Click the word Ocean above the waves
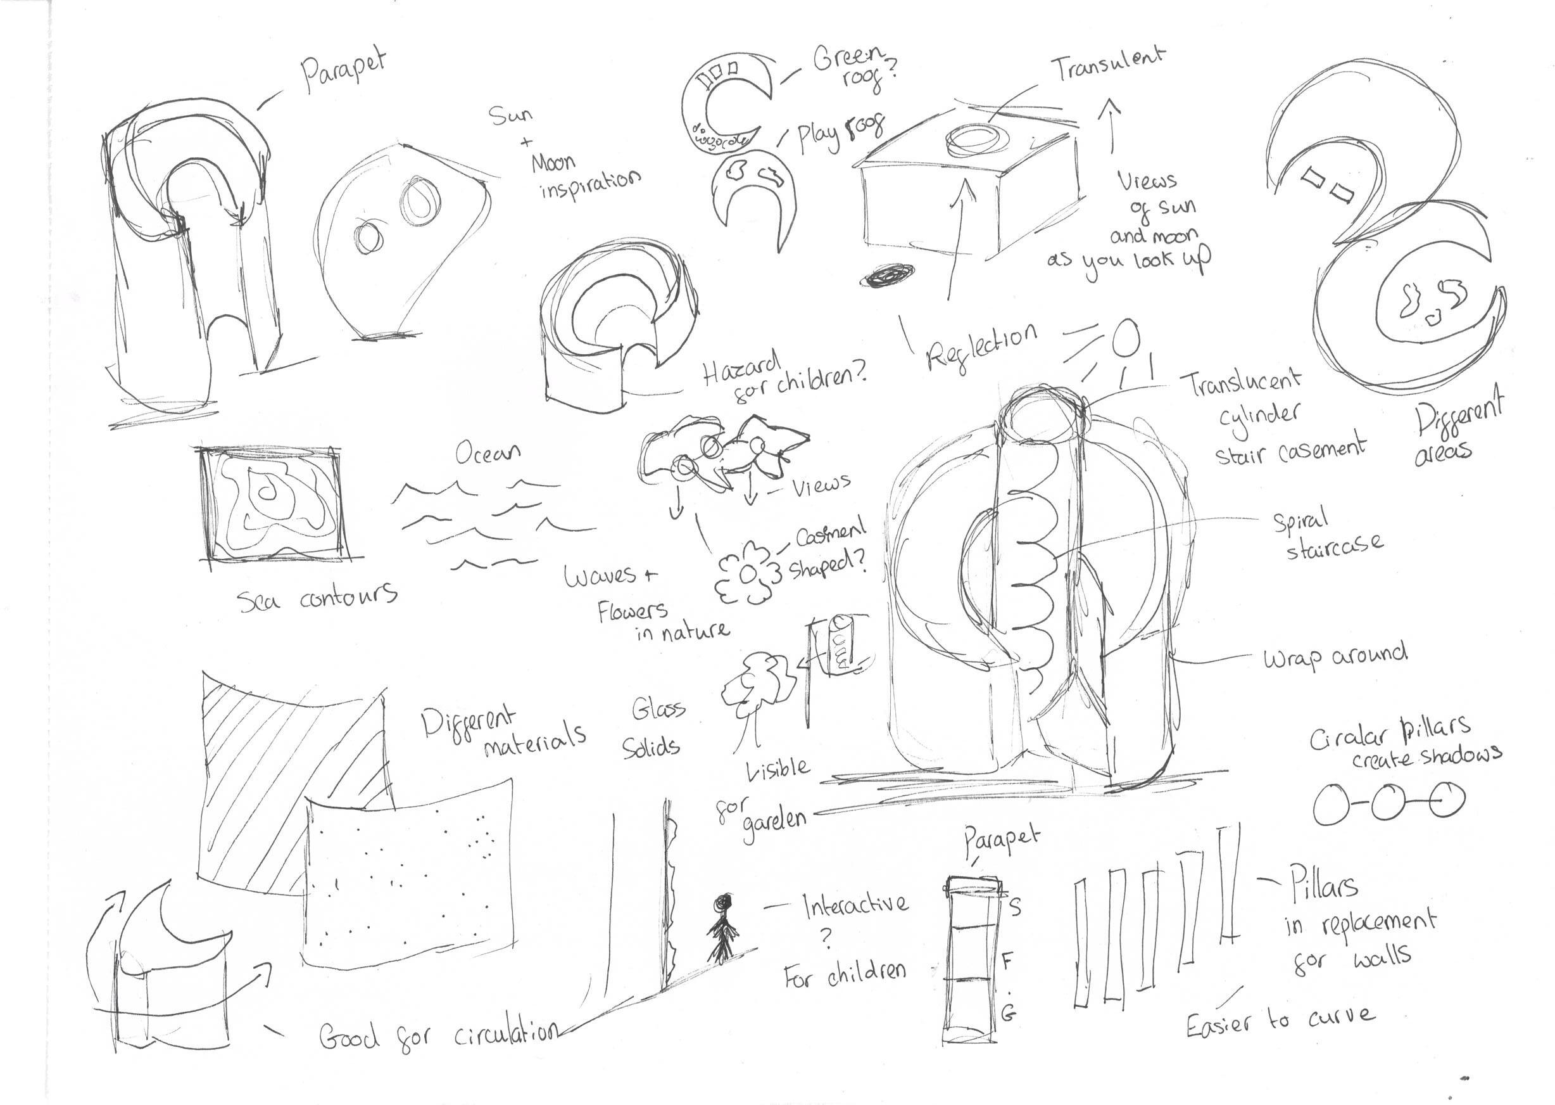488,452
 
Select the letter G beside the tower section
1009,1014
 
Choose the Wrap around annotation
1335,657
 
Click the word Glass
658,709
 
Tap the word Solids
651,747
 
